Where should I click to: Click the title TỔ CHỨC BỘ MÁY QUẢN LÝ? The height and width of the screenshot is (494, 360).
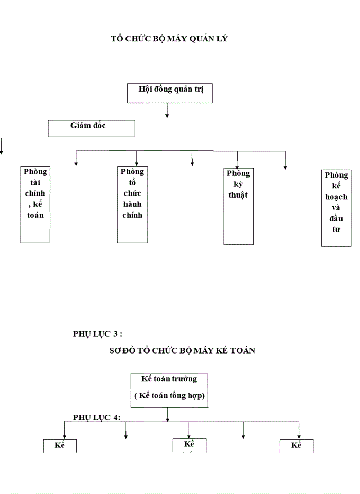169,38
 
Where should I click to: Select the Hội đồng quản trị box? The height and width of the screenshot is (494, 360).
170,93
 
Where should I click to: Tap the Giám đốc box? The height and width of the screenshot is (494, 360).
92,128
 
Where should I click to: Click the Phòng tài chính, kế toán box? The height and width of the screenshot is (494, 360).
35,204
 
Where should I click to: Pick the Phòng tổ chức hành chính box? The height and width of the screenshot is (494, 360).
132,204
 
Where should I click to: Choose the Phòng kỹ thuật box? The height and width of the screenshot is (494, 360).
238,206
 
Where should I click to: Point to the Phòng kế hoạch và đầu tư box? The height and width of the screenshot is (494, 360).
336,208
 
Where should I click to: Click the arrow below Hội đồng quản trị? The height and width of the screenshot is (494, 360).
167,111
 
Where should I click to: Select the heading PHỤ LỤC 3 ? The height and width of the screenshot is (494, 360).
98,334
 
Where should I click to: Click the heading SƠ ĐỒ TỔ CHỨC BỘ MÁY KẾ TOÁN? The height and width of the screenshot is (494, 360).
183,350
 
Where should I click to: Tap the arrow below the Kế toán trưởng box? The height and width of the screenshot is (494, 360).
168,415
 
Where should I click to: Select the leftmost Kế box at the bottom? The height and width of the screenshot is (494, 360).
60,446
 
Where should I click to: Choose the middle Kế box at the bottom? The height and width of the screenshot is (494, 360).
189,445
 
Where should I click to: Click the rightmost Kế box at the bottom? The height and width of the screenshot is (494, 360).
296,446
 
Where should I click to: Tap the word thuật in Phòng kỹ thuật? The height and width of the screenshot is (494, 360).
238,195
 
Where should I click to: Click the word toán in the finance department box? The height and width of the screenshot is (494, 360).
35,215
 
